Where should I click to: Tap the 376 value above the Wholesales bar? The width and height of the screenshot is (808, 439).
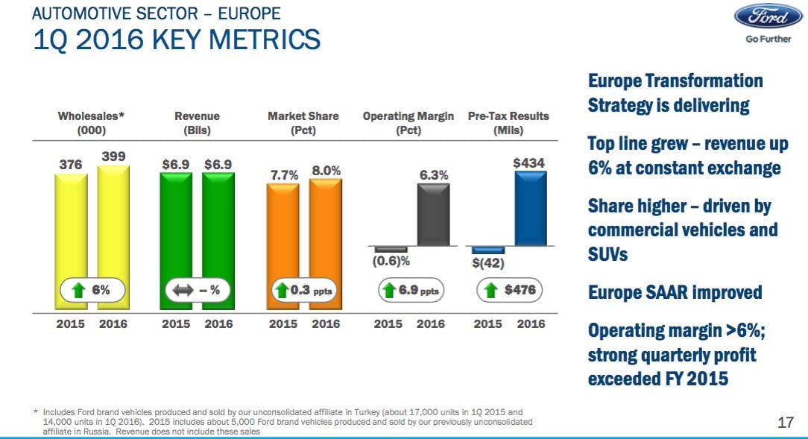pyautogui.click(x=70, y=165)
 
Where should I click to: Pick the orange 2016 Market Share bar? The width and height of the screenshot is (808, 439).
pyautogui.click(x=326, y=231)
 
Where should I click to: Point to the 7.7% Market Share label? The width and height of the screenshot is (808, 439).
pyautogui.click(x=283, y=174)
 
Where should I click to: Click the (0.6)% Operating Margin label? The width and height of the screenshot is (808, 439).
pyautogui.click(x=391, y=262)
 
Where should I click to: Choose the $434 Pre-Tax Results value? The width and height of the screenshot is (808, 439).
pyautogui.click(x=528, y=162)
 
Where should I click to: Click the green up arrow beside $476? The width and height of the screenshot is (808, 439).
pyautogui.click(x=491, y=291)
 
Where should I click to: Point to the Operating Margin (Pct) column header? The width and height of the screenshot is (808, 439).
pyautogui.click(x=408, y=123)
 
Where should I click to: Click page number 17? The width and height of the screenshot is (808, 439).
pyautogui.click(x=784, y=423)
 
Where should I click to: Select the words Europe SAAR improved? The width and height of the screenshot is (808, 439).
pyautogui.click(x=675, y=292)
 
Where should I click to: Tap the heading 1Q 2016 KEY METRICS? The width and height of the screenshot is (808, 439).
pyautogui.click(x=177, y=39)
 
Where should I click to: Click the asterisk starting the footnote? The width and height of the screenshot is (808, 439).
pyautogui.click(x=37, y=411)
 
